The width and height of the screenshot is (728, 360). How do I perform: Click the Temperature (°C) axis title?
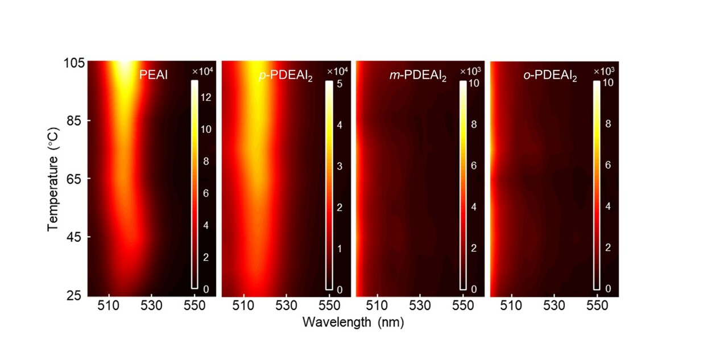click(x=53, y=179)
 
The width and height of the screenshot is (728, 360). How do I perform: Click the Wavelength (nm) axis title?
click(x=353, y=322)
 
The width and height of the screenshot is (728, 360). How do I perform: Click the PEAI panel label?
click(x=155, y=75)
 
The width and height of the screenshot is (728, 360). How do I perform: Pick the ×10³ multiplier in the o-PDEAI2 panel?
click(x=603, y=71)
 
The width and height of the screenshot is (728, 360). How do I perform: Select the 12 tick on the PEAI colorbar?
click(x=205, y=97)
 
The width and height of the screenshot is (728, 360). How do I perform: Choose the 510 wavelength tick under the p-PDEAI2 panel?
click(x=243, y=305)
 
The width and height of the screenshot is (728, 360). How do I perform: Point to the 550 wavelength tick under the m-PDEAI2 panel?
click(x=463, y=305)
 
